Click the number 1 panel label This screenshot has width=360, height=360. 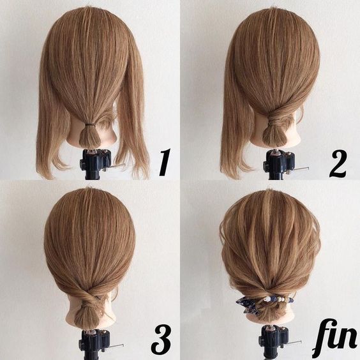point(165,162)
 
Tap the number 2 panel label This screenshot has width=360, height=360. point(338,163)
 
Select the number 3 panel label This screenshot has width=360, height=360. point(161,340)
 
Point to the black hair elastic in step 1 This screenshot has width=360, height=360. point(90,125)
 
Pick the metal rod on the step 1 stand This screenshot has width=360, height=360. point(117,166)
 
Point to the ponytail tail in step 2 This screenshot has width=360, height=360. point(274,135)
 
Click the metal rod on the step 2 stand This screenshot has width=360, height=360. point(301,169)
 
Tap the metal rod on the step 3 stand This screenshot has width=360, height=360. point(116,345)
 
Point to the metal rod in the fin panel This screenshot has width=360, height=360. point(294,343)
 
